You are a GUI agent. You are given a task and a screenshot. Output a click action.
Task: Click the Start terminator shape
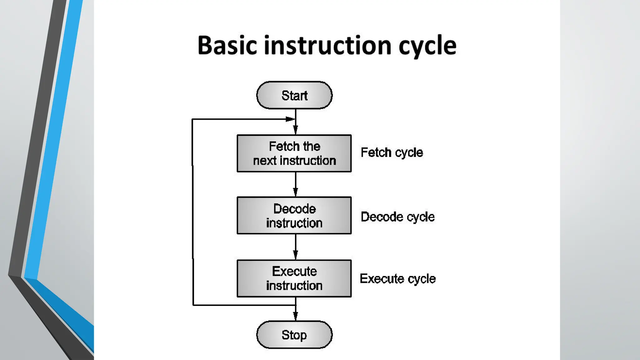point(294,95)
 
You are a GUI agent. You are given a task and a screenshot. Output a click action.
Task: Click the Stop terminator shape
point(294,335)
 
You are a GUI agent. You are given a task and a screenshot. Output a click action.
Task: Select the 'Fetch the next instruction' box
point(294,153)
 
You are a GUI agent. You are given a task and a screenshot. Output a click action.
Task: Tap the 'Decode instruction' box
point(294,216)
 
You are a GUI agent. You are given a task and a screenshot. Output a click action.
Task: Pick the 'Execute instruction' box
point(294,278)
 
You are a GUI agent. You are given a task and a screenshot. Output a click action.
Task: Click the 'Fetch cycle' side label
point(392,152)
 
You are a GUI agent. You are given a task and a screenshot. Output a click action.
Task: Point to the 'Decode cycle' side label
point(397,217)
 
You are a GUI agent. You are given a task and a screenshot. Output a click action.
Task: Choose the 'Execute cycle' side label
point(397,278)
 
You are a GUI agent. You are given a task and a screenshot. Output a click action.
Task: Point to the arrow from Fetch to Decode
point(295,184)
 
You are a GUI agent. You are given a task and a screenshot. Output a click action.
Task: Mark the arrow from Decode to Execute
point(295,247)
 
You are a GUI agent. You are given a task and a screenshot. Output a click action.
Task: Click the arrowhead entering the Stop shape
point(295,316)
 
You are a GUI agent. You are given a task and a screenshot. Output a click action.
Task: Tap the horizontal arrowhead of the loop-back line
point(290,119)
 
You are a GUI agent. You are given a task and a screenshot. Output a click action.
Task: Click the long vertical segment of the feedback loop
point(192,212)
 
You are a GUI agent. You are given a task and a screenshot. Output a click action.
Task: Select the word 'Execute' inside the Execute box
point(294,271)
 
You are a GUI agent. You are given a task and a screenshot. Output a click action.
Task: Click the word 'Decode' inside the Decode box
point(294,209)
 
